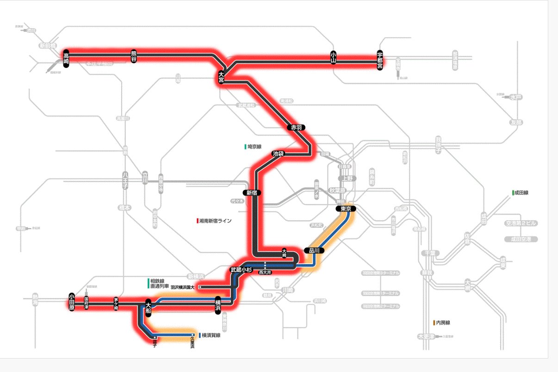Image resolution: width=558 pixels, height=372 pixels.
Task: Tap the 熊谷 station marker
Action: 134,56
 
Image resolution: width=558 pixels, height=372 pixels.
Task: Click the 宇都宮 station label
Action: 380,58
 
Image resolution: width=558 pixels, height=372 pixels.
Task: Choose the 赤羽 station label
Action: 296,127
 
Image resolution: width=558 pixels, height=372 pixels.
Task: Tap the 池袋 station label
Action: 278,154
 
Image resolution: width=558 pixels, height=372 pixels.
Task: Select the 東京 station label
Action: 346,209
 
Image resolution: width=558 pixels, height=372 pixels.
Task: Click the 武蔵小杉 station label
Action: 241,270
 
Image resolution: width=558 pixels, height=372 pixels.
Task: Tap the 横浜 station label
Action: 217,306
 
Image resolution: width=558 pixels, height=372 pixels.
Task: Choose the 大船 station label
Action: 148,306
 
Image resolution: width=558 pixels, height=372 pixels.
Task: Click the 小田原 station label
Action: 72,302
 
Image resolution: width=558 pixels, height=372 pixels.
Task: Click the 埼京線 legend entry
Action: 254,147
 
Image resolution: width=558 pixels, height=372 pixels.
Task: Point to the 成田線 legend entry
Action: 521,192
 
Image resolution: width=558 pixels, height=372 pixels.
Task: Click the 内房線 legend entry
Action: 442,322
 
